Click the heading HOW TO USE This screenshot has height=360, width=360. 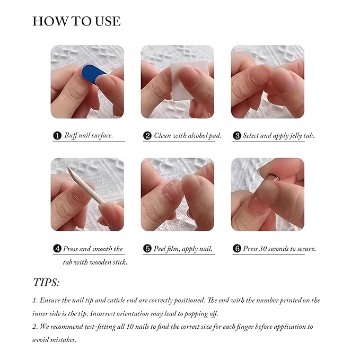click(x=76, y=21)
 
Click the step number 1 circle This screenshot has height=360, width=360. click(x=57, y=135)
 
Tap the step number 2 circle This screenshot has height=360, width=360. click(x=147, y=135)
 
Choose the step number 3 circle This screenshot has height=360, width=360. click(x=236, y=135)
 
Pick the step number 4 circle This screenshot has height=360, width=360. click(x=57, y=249)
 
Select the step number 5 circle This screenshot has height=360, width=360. click(x=147, y=249)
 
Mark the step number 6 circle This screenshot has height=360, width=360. click(x=236, y=249)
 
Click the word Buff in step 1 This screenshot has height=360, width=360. click(x=71, y=135)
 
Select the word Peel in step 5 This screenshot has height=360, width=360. click(x=160, y=249)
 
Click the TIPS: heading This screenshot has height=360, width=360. click(x=46, y=283)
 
